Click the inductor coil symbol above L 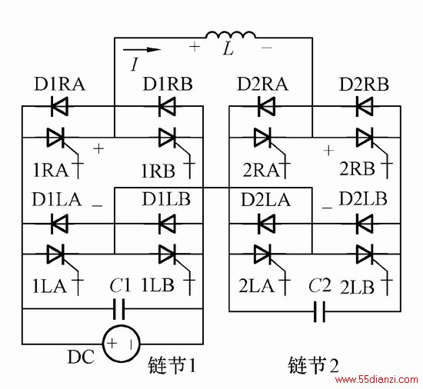click(230, 35)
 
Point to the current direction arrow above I click(142, 50)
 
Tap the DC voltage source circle click(121, 343)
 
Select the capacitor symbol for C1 click(119, 309)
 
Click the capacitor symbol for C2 click(319, 312)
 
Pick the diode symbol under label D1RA click(59, 106)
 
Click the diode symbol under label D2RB click(365, 106)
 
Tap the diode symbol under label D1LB click(167, 224)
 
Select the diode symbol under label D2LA click(267, 224)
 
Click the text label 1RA click(51, 171)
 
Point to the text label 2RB click(357, 169)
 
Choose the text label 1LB click(158, 285)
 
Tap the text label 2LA click(256, 286)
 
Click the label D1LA click(57, 199)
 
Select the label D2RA click(263, 84)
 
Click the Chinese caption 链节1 click(172, 365)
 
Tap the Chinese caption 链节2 click(313, 365)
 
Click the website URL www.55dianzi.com click(377, 380)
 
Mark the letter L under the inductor click(228, 49)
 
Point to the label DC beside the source click(81, 357)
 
